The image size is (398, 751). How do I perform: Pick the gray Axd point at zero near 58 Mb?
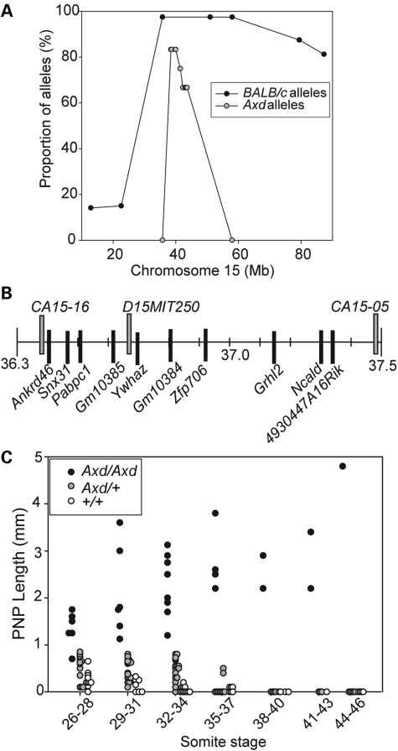(232, 240)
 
